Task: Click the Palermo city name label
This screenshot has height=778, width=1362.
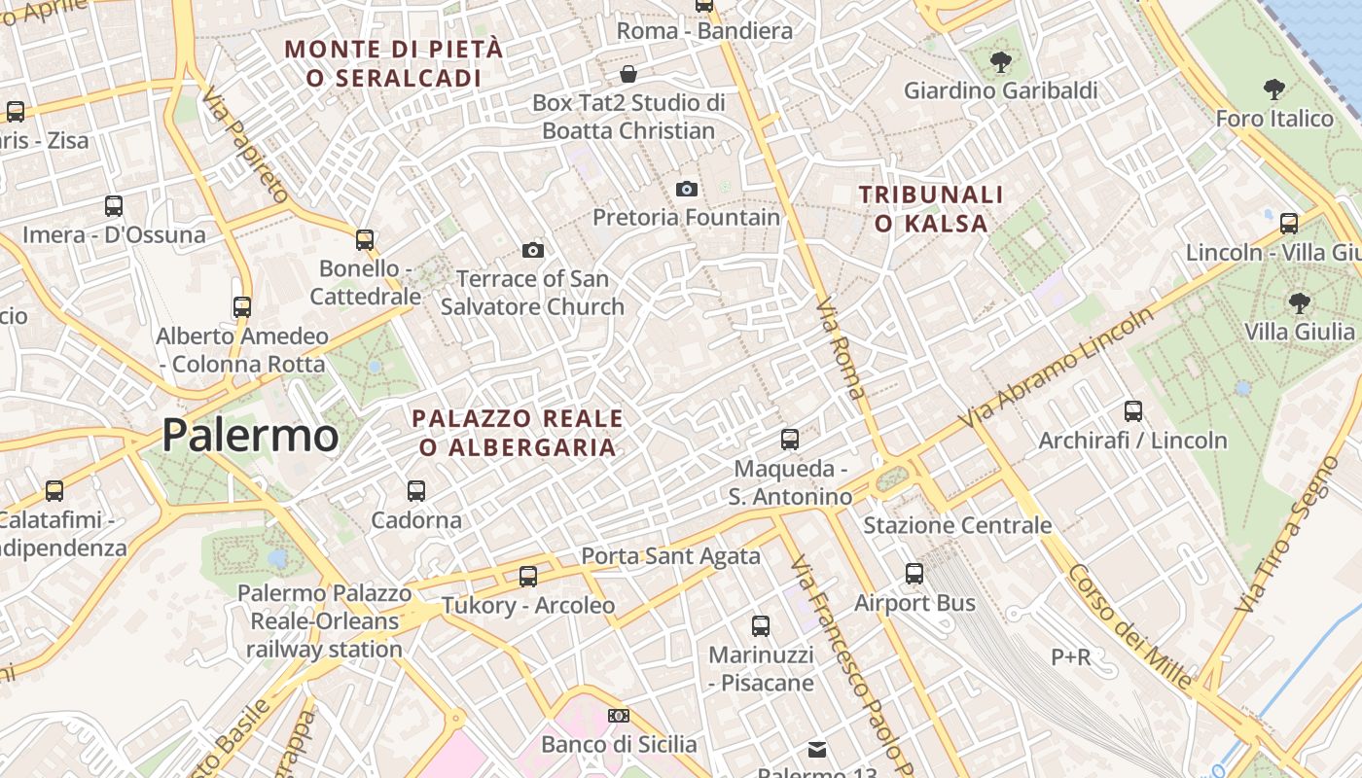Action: coord(250,435)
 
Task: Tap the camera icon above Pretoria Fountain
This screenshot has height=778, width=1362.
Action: coord(686,189)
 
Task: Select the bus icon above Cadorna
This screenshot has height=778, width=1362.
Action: coord(416,490)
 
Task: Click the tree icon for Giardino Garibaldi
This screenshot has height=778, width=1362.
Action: coord(999,63)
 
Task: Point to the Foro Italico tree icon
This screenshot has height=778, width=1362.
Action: coord(1273,90)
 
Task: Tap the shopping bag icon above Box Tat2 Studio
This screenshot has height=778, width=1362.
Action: coord(628,74)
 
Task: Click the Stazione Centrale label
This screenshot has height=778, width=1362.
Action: coord(957,525)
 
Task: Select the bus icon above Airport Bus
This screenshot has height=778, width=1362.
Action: coord(914,574)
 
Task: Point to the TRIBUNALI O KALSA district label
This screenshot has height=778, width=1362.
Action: coord(931,209)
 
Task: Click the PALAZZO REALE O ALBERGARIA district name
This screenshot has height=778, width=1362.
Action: coord(517,433)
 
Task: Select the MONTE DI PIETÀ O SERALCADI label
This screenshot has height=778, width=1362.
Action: coord(394,63)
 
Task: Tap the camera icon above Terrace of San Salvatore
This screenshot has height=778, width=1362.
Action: coord(532,251)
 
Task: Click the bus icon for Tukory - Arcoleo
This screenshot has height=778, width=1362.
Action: coord(528,577)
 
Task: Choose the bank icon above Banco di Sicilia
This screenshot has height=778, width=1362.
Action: coord(619,716)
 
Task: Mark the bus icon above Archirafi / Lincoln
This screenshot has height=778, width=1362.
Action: coord(1132,411)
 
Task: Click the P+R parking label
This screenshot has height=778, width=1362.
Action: coord(1070,657)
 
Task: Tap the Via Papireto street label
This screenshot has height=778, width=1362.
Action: coord(245,144)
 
